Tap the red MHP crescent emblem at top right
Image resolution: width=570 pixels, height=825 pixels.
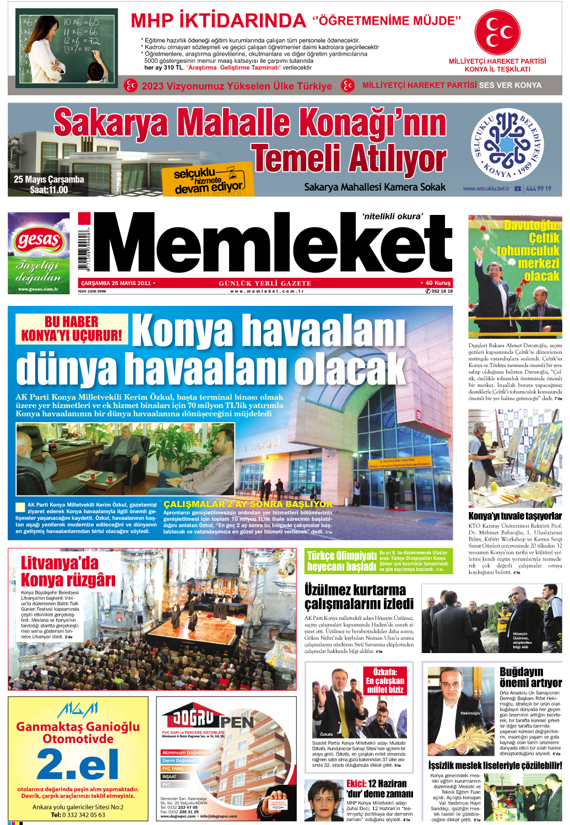pyautogui.click(x=497, y=33)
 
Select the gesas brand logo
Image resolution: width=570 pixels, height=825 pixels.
pyautogui.click(x=39, y=240)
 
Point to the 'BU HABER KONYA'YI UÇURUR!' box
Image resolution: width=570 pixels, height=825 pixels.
pyautogui.click(x=72, y=329)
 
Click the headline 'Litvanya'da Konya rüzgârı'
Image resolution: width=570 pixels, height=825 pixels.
pyautogui.click(x=68, y=571)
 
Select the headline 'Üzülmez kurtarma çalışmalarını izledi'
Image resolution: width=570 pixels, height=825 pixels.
pyautogui.click(x=359, y=597)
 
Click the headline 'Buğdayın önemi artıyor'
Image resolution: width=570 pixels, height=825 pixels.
pyautogui.click(x=530, y=677)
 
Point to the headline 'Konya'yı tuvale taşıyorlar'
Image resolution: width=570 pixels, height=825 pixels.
pyautogui.click(x=515, y=516)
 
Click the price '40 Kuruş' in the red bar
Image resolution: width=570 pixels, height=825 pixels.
pyautogui.click(x=438, y=283)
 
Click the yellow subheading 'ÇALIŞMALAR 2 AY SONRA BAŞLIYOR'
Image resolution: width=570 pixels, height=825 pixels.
pyautogui.click(x=248, y=504)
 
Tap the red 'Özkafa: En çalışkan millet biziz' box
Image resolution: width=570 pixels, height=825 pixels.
pyautogui.click(x=385, y=681)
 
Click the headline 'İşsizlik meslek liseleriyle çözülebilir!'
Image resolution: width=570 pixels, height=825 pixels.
pyautogui.click(x=495, y=765)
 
